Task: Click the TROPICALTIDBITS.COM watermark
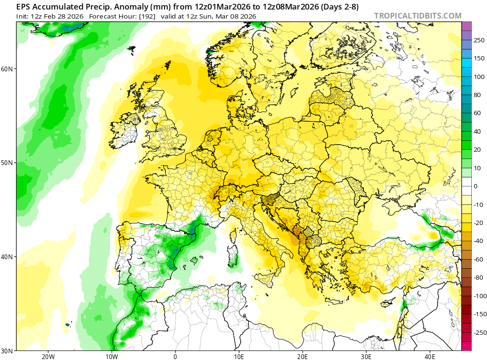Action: tap(418, 16)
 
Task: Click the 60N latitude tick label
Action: tap(7, 68)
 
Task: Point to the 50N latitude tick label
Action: tap(7, 163)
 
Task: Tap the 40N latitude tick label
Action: tap(7, 257)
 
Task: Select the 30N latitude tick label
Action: tap(7, 350)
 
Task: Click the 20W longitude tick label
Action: tap(48, 357)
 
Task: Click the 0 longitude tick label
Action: tap(175, 357)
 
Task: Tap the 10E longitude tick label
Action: tap(239, 357)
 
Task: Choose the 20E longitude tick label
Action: tap(302, 357)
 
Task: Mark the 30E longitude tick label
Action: tap(366, 357)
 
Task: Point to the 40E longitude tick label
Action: tap(430, 357)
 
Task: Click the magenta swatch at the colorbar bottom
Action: tap(466, 346)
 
